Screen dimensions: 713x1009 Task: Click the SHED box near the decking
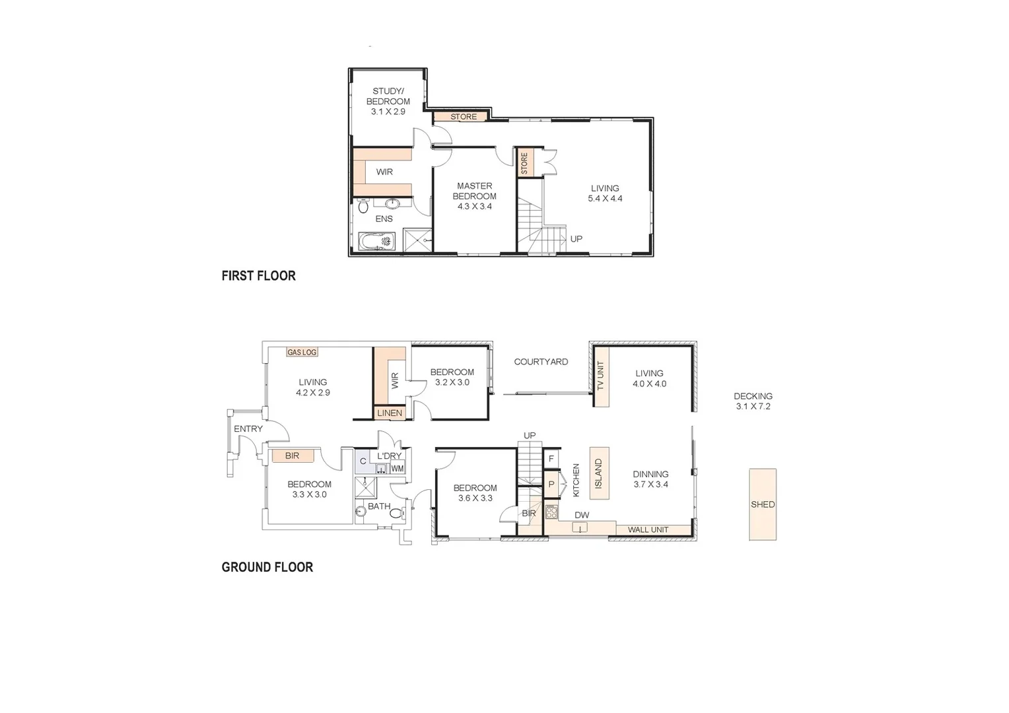[x=762, y=504]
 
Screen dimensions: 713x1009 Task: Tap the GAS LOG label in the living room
[x=302, y=353]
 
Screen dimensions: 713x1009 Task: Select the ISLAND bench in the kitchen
[x=599, y=473]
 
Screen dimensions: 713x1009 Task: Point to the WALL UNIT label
[x=648, y=529]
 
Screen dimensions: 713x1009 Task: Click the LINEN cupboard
[x=390, y=413]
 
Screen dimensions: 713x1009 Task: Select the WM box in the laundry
[x=397, y=469]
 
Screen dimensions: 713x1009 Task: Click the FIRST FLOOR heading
[x=258, y=276]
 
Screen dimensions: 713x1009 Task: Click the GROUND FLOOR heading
[x=267, y=567]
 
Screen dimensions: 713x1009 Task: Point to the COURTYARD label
[x=541, y=362]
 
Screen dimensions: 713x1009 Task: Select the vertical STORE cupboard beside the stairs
[x=524, y=163]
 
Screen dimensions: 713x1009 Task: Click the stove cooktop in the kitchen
[x=551, y=511]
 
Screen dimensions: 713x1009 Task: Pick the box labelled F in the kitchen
[x=551, y=458]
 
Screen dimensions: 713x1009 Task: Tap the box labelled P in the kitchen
[x=551, y=484]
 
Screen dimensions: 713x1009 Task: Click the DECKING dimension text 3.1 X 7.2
[x=753, y=407]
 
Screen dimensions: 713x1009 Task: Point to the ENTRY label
[x=248, y=429]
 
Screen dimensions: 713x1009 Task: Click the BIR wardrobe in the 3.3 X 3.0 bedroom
[x=292, y=456]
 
